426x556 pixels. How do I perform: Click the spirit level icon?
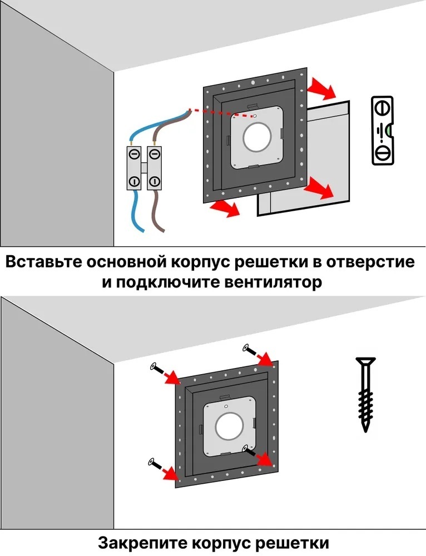coord(383,130)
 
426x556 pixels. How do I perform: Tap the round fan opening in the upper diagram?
coord(257,137)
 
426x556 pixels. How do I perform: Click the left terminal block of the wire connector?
coord(134,168)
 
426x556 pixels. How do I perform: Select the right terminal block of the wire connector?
coord(154,168)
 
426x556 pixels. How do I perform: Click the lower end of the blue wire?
coord(142,231)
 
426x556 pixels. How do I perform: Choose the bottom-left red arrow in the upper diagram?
coord(225,208)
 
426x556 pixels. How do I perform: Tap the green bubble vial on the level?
coord(389,130)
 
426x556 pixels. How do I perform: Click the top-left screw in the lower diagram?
coord(153,366)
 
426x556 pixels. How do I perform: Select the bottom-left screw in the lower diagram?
coord(151,461)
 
